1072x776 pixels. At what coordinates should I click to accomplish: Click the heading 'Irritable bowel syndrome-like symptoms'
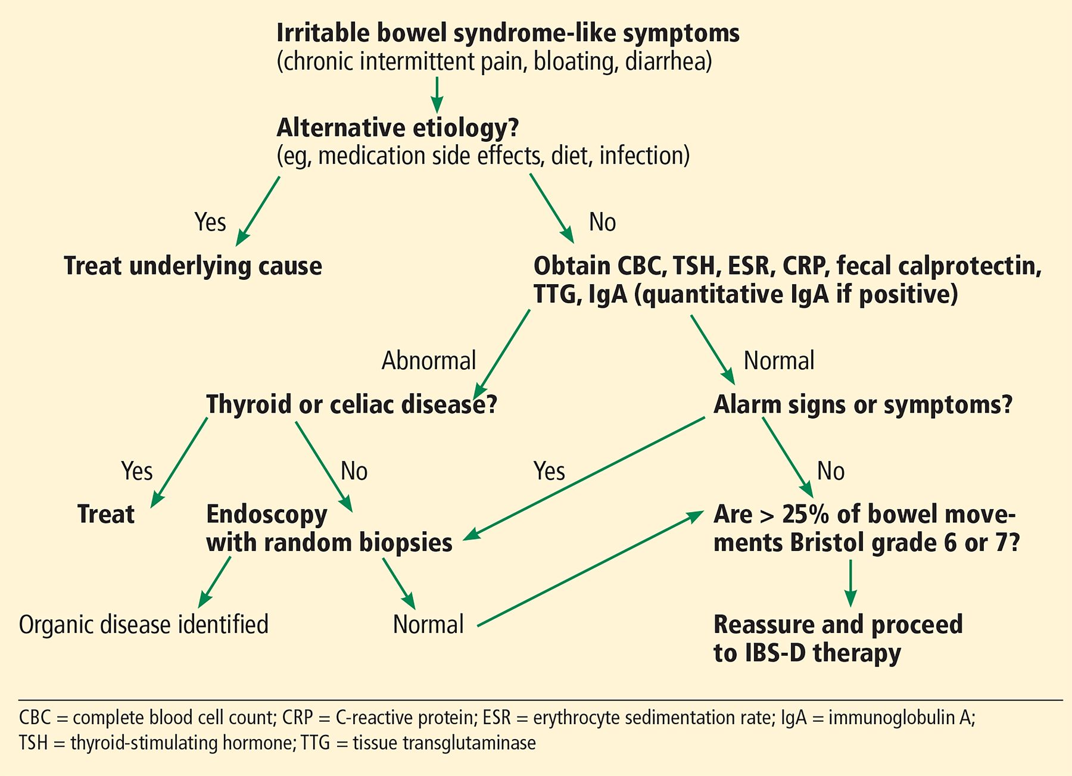[x=508, y=33]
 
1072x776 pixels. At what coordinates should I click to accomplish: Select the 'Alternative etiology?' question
[x=398, y=127]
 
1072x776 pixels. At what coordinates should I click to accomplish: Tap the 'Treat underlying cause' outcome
[x=193, y=266]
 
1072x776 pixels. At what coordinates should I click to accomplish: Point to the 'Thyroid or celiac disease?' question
[x=351, y=404]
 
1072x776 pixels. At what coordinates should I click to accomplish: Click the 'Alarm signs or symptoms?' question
[x=863, y=405]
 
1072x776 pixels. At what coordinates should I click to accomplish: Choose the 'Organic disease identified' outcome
[x=144, y=624]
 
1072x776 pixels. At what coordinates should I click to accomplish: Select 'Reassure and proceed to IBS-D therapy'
[x=838, y=638]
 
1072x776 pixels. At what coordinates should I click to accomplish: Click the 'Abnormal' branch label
[x=429, y=361]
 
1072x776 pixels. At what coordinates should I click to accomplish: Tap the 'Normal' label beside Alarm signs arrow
[x=779, y=361]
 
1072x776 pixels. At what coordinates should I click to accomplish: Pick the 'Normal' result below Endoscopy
[x=428, y=625]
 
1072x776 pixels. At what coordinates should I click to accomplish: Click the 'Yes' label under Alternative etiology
[x=210, y=222]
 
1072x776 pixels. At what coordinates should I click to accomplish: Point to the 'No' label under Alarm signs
[x=831, y=471]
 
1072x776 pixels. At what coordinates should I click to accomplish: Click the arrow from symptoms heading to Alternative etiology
[x=437, y=95]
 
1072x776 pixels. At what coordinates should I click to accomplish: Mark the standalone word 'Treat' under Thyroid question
[x=106, y=514]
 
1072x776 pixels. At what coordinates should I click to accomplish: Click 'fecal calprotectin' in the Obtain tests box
[x=939, y=266]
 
